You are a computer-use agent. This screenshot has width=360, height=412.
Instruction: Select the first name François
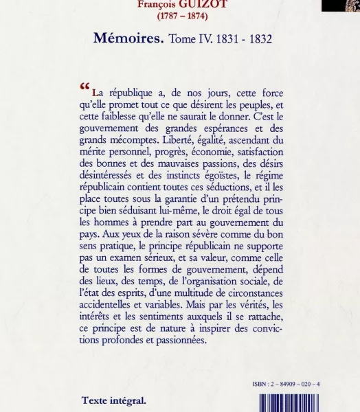point(157,3)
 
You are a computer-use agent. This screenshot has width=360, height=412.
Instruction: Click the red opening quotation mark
point(85,87)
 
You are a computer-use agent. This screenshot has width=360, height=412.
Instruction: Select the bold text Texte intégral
point(113,401)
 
